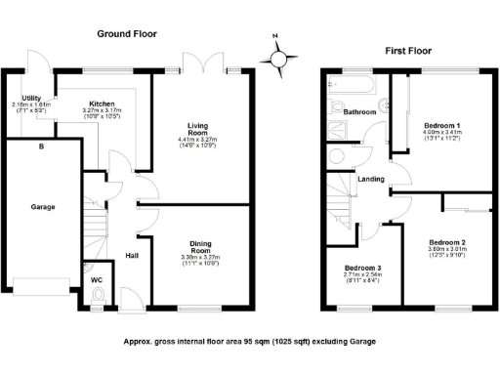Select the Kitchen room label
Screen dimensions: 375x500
coord(104,104)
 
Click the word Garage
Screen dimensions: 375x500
coord(41,207)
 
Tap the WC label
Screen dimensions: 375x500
coord(97,280)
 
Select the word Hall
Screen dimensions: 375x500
coord(131,257)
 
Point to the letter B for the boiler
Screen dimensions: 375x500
coord(40,147)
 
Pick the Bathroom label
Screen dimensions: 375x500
coord(359,112)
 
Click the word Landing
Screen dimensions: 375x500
coord(369,179)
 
